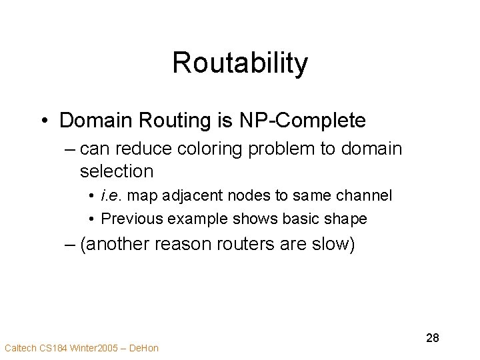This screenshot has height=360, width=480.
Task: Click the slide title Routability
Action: coord(240,64)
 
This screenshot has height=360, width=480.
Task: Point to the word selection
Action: coord(117,171)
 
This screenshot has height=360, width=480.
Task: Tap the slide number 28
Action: coord(433,339)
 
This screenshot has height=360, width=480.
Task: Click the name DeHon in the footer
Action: coord(145,348)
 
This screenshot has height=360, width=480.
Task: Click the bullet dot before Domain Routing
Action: coord(45,121)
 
